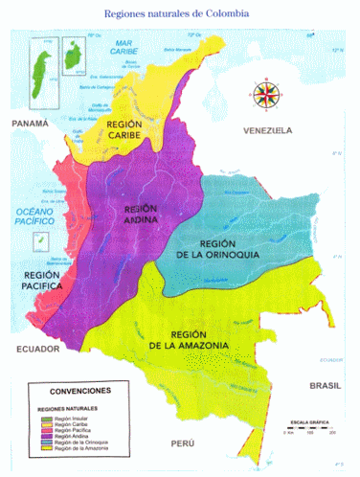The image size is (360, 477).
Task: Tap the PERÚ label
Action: (x=181, y=444)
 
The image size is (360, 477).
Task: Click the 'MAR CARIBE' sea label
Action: (x=122, y=49)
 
